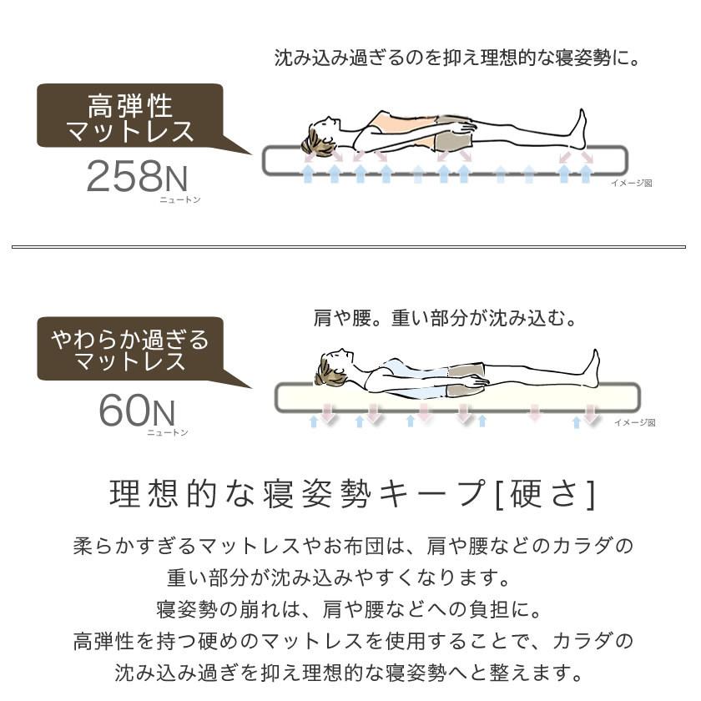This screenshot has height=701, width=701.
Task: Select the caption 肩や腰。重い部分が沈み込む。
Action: (x=446, y=319)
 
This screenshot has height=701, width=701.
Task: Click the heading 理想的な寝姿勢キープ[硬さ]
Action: (x=353, y=494)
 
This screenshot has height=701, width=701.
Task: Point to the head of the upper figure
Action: (x=320, y=136)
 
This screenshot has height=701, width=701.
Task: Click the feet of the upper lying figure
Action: (x=577, y=129)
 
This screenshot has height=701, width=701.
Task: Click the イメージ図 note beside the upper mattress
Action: (x=631, y=183)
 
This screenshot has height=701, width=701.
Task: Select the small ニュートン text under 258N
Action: (x=180, y=200)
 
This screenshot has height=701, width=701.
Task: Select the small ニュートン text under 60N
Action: (x=168, y=432)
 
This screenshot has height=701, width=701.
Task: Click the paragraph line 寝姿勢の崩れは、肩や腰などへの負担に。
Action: (x=350, y=608)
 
